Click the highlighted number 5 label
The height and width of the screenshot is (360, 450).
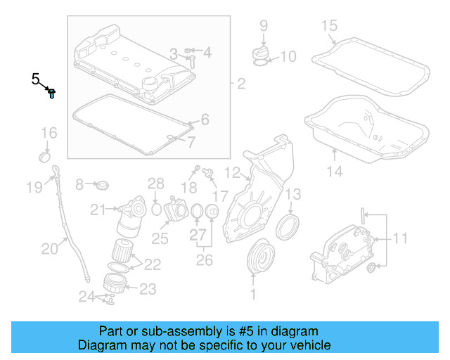click(x=36, y=79)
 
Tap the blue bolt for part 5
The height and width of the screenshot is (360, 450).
click(x=52, y=92)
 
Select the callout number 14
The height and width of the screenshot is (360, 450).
click(x=334, y=171)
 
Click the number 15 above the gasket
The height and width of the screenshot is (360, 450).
click(x=330, y=27)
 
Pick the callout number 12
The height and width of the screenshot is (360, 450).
click(x=233, y=172)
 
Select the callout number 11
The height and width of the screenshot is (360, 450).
click(x=399, y=238)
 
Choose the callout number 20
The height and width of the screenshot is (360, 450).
click(x=49, y=247)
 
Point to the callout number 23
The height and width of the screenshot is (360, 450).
click(x=148, y=288)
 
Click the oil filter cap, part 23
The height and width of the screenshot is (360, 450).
click(x=115, y=284)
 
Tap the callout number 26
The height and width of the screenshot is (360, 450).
click(x=205, y=261)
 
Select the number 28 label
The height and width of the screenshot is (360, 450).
click(x=155, y=185)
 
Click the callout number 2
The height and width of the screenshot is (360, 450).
click(x=240, y=86)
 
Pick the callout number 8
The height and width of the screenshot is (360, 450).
click(x=79, y=184)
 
